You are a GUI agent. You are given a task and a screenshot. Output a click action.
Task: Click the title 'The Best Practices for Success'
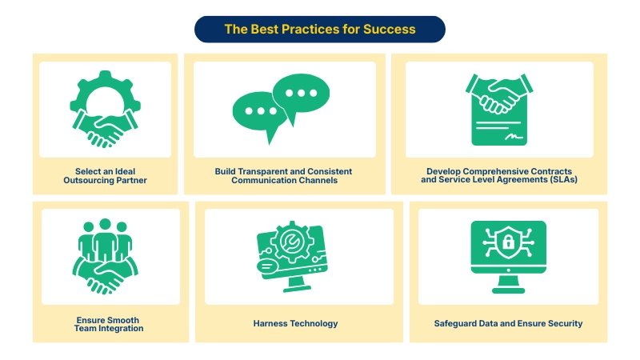(x=320, y=29)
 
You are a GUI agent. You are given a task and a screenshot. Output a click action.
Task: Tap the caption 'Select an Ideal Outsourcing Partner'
(x=105, y=176)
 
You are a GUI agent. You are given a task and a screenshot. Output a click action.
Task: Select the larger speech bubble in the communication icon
(x=300, y=95)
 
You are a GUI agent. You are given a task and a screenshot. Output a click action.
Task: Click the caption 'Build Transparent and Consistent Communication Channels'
(x=283, y=176)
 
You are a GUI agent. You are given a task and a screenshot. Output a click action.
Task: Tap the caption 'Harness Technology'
(x=295, y=324)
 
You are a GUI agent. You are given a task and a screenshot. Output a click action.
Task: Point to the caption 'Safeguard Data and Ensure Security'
(x=508, y=324)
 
